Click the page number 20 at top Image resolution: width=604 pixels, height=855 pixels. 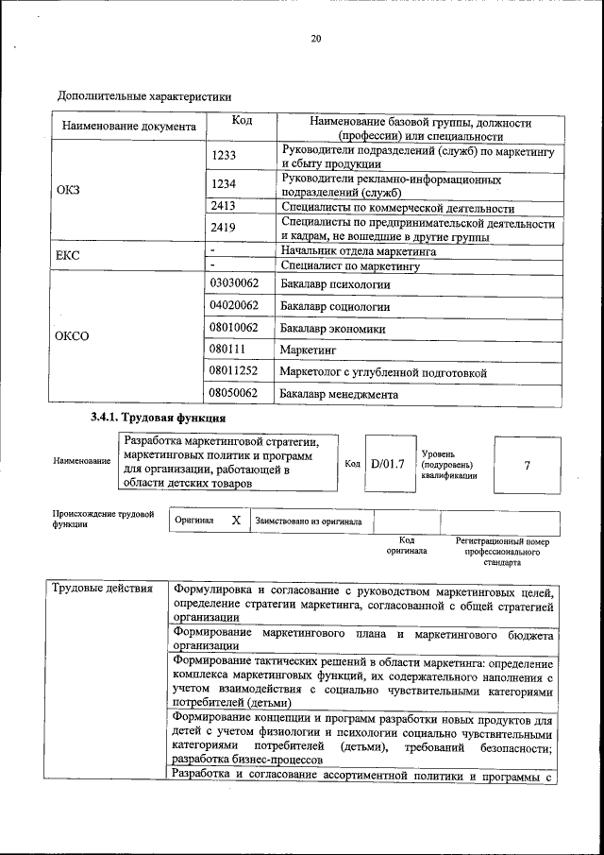tap(316, 39)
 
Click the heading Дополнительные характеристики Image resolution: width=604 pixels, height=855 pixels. tap(144, 96)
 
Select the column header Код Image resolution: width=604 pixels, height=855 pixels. tap(242, 121)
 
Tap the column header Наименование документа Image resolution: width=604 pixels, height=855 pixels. tap(128, 127)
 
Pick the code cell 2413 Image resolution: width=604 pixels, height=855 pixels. tap(223, 207)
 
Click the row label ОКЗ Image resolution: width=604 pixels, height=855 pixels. tap(69, 190)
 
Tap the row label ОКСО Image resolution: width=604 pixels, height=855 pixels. tap(73, 336)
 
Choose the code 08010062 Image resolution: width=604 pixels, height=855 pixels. tap(233, 328)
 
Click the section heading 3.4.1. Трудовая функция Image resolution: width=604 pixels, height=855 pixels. tap(158, 419)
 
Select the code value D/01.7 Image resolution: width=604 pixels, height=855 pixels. tap(387, 464)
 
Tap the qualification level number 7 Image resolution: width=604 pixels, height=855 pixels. tap(527, 465)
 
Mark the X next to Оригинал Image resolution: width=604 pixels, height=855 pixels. tap(236, 520)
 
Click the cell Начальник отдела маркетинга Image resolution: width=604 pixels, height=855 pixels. tap(359, 252)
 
